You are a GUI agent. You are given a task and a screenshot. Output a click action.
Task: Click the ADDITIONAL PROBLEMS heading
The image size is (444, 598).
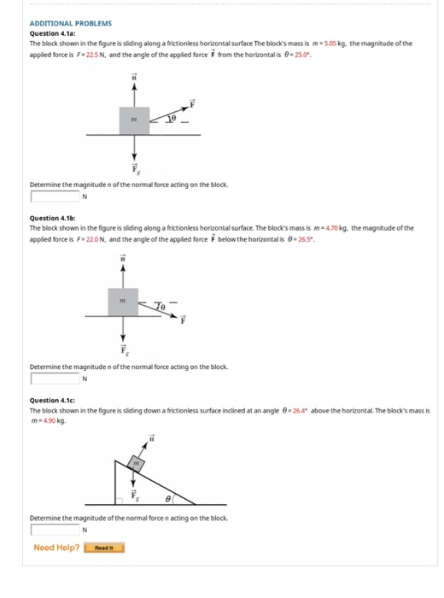[x=70, y=24]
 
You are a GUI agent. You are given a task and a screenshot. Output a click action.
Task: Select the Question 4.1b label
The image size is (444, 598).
[x=52, y=220]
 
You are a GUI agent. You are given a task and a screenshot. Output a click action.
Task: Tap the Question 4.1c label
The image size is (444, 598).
[x=52, y=401]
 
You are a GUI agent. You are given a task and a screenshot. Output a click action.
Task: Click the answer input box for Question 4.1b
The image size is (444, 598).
[x=55, y=378]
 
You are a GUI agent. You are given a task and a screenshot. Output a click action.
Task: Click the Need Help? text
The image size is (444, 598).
[x=56, y=548]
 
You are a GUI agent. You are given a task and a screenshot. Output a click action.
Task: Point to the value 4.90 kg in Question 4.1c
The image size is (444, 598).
[x=51, y=419]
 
